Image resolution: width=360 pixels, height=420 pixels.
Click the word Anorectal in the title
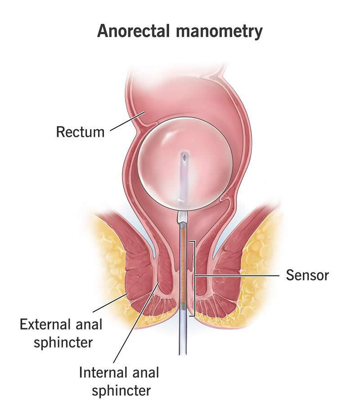click(133, 31)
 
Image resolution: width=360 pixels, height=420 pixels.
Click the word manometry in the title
click(219, 32)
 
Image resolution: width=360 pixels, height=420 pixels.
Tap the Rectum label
click(80, 132)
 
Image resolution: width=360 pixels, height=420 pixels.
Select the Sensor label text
click(307, 275)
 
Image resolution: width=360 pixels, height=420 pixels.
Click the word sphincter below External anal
click(63, 343)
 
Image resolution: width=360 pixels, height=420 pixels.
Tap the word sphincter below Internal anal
click(121, 391)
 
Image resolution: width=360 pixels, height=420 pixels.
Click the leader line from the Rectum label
click(127, 121)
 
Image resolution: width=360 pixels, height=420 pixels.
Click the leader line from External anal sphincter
click(110, 303)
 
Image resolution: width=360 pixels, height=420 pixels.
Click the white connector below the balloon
click(183, 217)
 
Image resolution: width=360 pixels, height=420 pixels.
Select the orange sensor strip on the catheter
click(184, 265)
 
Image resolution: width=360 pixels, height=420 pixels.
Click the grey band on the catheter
click(183, 305)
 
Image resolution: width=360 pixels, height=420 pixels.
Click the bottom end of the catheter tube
click(183, 354)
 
